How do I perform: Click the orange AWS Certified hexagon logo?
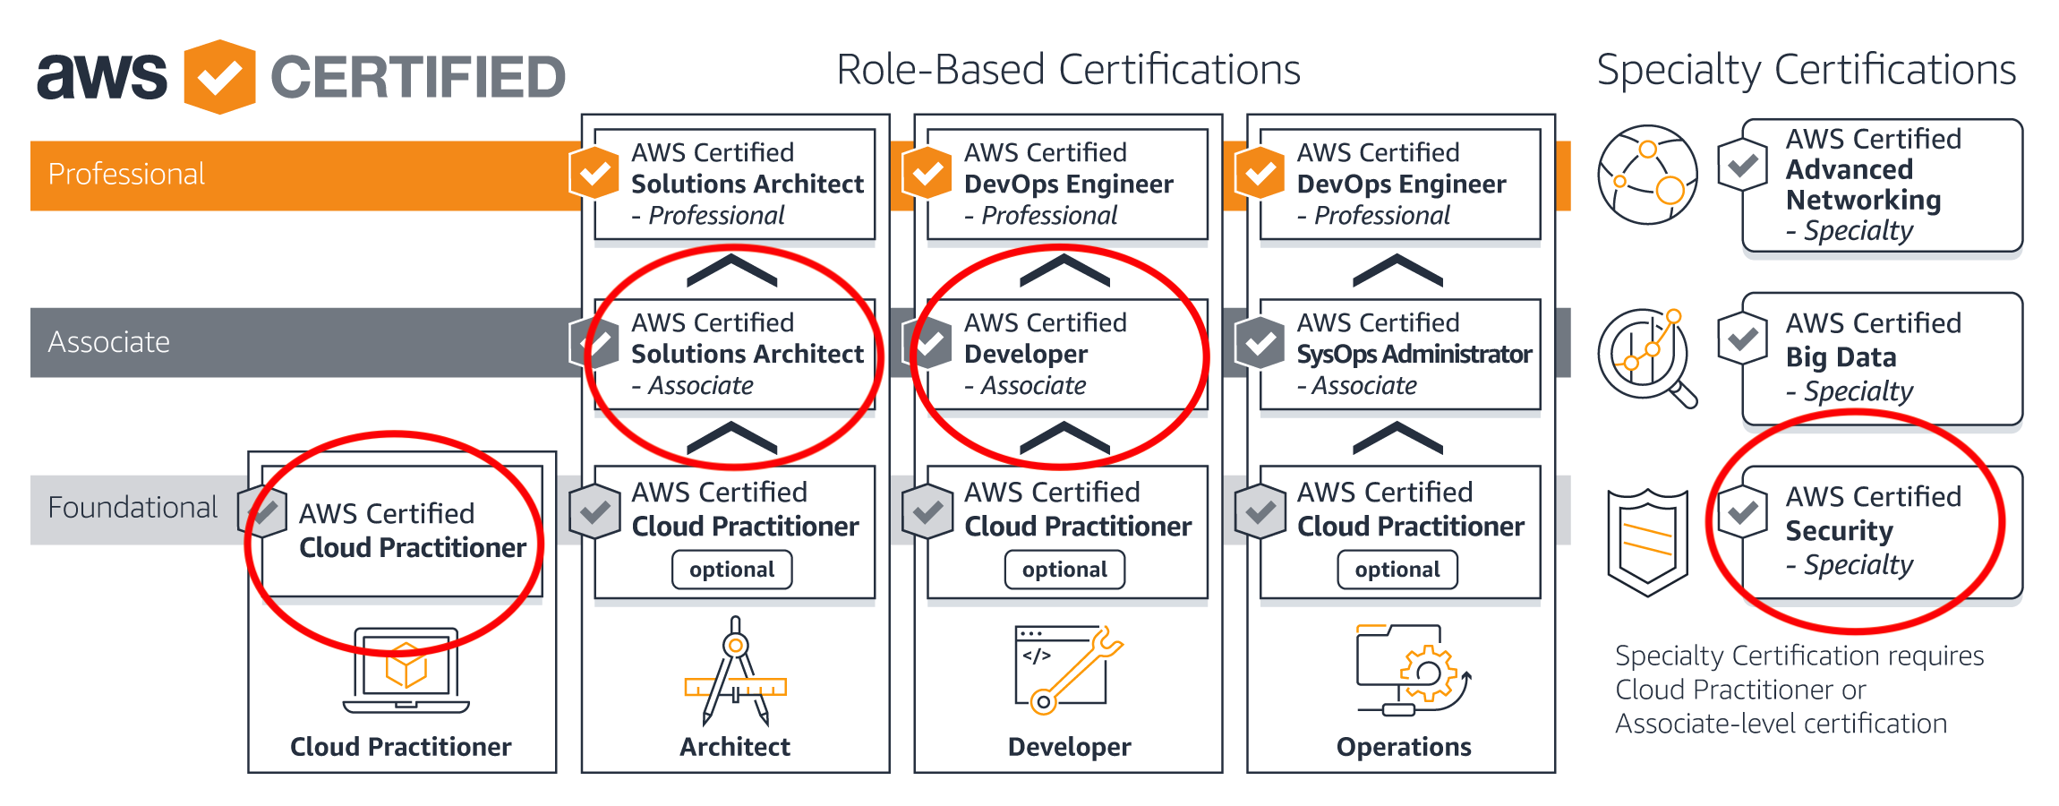pyautogui.click(x=219, y=77)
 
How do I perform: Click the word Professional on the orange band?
pyautogui.click(x=126, y=174)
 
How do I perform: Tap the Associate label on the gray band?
pyautogui.click(x=109, y=342)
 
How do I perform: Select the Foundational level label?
pyautogui.click(x=132, y=508)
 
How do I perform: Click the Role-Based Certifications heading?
pyautogui.click(x=1068, y=70)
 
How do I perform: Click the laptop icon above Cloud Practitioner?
pyautogui.click(x=406, y=670)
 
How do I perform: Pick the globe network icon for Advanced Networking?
pyautogui.click(x=1647, y=175)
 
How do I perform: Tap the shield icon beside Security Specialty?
pyautogui.click(x=1647, y=543)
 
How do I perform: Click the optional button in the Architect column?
pyautogui.click(x=732, y=570)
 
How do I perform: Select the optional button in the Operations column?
pyautogui.click(x=1397, y=570)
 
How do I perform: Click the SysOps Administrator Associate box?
pyautogui.click(x=1400, y=355)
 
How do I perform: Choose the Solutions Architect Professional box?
pyautogui.click(x=735, y=184)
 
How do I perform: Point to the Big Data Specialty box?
pyautogui.click(x=1882, y=358)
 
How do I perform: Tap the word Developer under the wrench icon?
pyautogui.click(x=1069, y=747)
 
